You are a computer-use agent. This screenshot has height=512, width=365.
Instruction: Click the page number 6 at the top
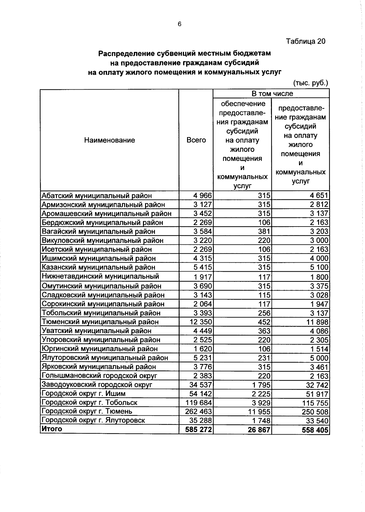pyautogui.click(x=179, y=24)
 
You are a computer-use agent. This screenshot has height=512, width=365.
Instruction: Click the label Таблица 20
pyautogui.click(x=305, y=41)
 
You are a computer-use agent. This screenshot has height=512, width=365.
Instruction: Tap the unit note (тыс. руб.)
pyautogui.click(x=310, y=83)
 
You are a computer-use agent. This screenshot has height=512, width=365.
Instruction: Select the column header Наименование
pyautogui.click(x=109, y=140)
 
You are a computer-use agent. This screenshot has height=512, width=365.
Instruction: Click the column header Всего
pyautogui.click(x=196, y=140)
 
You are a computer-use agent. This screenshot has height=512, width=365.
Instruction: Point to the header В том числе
pyautogui.click(x=272, y=94)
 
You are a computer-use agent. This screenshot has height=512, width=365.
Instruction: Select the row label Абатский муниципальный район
pyautogui.click(x=96, y=196)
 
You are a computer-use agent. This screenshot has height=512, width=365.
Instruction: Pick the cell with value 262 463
pyautogui.click(x=199, y=412)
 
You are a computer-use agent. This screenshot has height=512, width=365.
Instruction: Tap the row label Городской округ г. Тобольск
pyautogui.click(x=89, y=403)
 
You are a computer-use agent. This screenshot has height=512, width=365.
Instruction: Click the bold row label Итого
pyautogui.click(x=52, y=429)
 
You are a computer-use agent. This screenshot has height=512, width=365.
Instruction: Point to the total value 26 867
pyautogui.click(x=259, y=430)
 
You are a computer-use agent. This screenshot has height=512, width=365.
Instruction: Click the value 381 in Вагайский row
pyautogui.click(x=264, y=232)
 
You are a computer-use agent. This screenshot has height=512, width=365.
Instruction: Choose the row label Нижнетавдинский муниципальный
pyautogui.click(x=100, y=277)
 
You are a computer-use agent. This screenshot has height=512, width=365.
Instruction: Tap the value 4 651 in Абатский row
pyautogui.click(x=319, y=196)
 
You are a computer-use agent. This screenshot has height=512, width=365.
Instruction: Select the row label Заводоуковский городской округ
pyautogui.click(x=97, y=385)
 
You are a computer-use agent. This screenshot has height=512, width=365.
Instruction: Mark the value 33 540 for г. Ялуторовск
pyautogui.click(x=317, y=421)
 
